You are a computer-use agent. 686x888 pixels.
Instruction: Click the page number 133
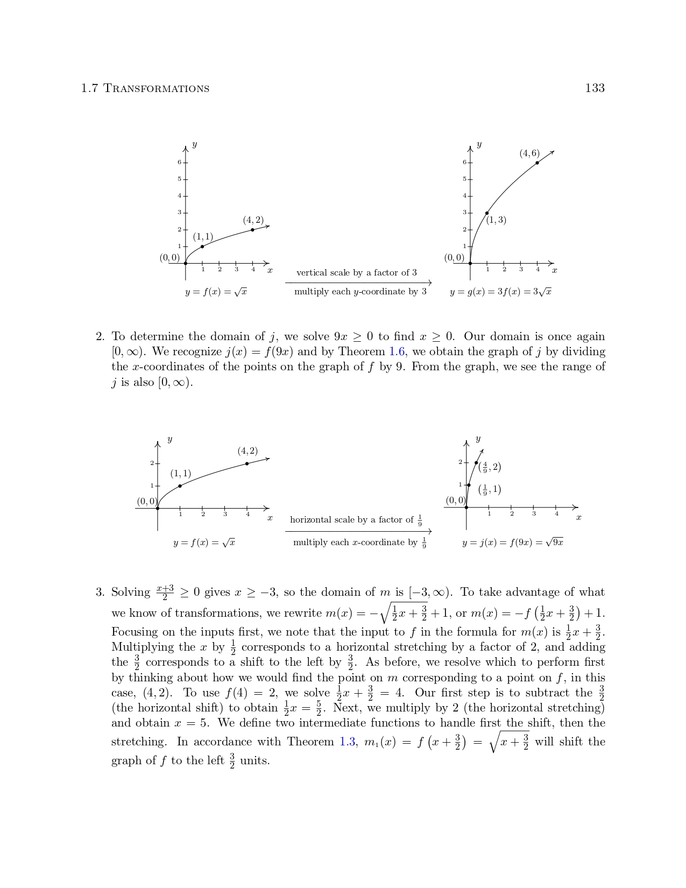pyautogui.click(x=595, y=88)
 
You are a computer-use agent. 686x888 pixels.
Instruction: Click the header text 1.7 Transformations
pyautogui.click(x=145, y=88)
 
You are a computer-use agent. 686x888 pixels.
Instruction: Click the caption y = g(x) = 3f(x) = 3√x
pyautogui.click(x=500, y=292)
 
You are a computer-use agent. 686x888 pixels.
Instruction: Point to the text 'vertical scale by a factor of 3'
pyautogui.click(x=356, y=273)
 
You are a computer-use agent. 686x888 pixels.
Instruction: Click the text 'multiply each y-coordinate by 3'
pyautogui.click(x=360, y=292)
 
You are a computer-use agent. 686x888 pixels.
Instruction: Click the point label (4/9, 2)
pyautogui.click(x=490, y=467)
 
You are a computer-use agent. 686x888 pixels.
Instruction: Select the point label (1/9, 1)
pyautogui.click(x=490, y=490)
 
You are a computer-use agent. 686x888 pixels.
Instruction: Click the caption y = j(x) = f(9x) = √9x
pyautogui.click(x=512, y=542)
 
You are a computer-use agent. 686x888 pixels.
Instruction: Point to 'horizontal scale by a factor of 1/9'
pyautogui.click(x=356, y=520)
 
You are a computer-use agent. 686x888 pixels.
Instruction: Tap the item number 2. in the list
pyautogui.click(x=100, y=337)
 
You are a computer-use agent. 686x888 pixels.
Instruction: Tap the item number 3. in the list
pyautogui.click(x=100, y=593)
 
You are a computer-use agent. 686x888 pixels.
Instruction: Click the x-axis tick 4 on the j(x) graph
pyautogui.click(x=556, y=513)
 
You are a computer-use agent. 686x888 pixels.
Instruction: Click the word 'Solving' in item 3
pyautogui.click(x=131, y=593)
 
